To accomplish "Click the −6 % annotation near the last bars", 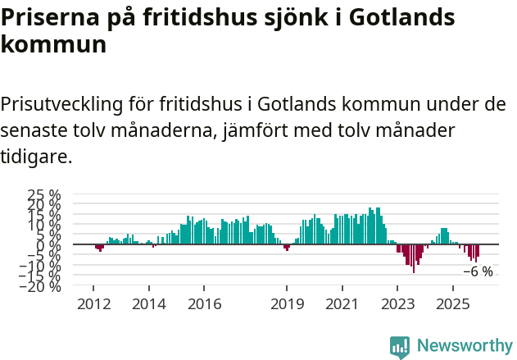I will [x=478, y=271].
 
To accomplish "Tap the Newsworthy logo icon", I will [x=400, y=346].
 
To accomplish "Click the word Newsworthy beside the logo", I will [x=464, y=346].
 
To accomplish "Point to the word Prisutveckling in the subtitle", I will [x=62, y=105].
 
